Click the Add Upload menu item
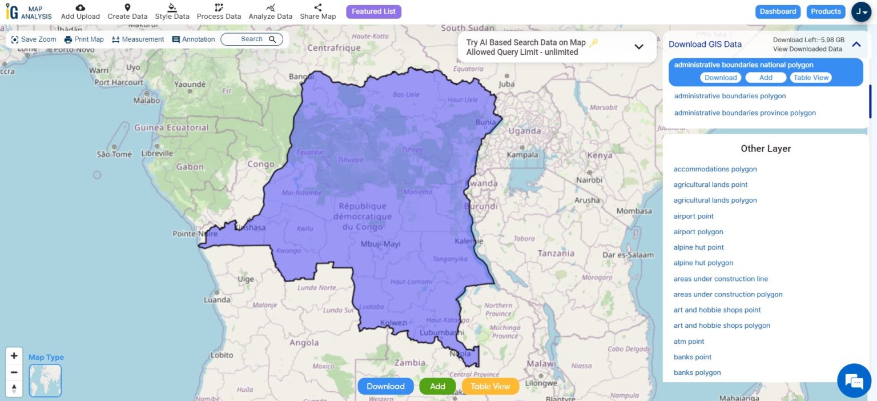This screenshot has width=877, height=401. [x=80, y=11]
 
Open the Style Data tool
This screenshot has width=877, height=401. [x=172, y=11]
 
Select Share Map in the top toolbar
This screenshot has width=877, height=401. [x=317, y=11]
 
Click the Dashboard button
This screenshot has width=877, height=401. [x=778, y=11]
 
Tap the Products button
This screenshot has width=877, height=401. [x=826, y=11]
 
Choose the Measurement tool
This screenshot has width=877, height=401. [x=138, y=39]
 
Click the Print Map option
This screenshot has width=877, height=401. [x=84, y=39]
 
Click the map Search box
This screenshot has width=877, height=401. [x=252, y=39]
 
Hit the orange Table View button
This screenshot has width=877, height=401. [x=490, y=386]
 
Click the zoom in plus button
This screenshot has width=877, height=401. [x=14, y=355]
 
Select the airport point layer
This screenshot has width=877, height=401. [x=693, y=216]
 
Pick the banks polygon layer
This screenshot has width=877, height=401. [x=697, y=372]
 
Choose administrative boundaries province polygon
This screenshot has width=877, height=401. [x=745, y=113]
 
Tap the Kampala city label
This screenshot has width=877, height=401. [x=522, y=154]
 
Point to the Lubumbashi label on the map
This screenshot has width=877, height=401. [x=441, y=332]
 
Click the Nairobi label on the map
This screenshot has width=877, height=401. [x=589, y=180]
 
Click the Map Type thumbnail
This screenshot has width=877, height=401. [x=45, y=380]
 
